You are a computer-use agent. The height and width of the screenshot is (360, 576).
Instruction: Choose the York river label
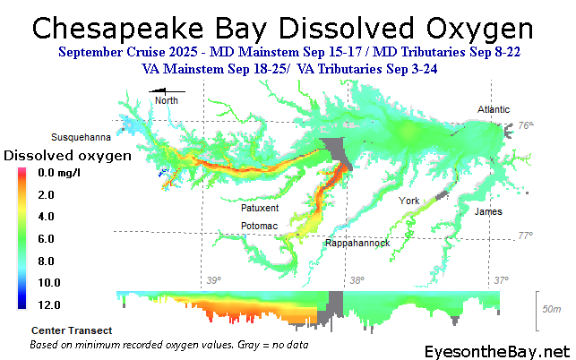pos(409,200)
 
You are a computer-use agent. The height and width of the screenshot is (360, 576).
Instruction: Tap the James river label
pos(488,211)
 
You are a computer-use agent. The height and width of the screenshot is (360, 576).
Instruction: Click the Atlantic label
pos(494,109)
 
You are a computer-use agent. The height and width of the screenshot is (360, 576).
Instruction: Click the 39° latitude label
pos(214,281)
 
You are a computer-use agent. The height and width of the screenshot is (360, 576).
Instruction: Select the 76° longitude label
pos(526,126)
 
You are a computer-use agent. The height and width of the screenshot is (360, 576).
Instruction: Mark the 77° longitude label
pos(526,236)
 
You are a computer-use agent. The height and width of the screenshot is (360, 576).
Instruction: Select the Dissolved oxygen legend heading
pos(68,155)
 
